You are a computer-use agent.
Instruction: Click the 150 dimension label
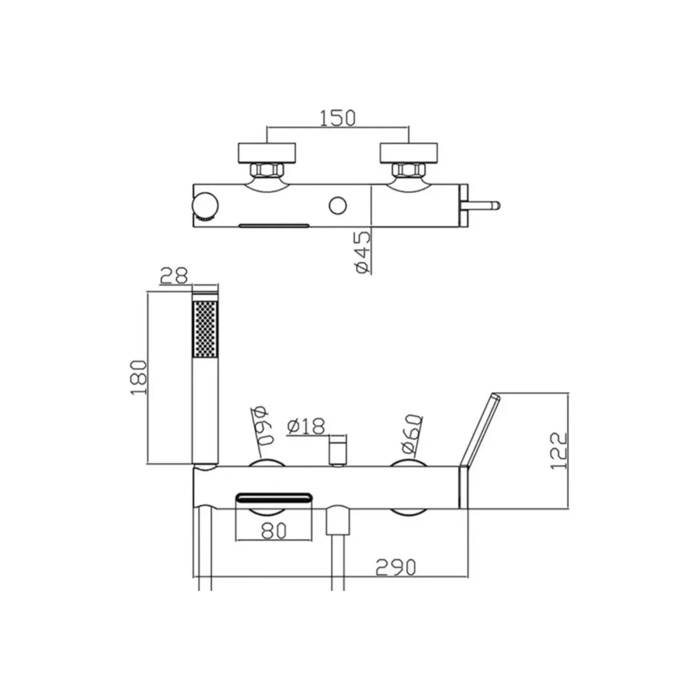pos(337,118)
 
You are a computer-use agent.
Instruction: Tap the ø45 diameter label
pos(361,252)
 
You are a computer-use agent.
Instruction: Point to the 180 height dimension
pos(139,378)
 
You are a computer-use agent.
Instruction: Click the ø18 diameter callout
pos(305,426)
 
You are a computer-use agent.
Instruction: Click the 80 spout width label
pos(274,531)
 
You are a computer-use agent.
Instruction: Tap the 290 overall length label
pos(396,566)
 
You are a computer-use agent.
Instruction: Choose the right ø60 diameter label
pos(411,434)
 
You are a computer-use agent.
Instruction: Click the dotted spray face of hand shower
pos(205,328)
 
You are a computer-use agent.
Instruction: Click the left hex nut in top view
pos(267,169)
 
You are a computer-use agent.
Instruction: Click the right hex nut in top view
pos(409,169)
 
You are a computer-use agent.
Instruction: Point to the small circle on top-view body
pos(337,206)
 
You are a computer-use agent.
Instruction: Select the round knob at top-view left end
pos(205,207)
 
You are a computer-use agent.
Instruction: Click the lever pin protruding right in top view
pos(487,206)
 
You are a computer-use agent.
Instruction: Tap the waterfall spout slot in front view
pos(274,497)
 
